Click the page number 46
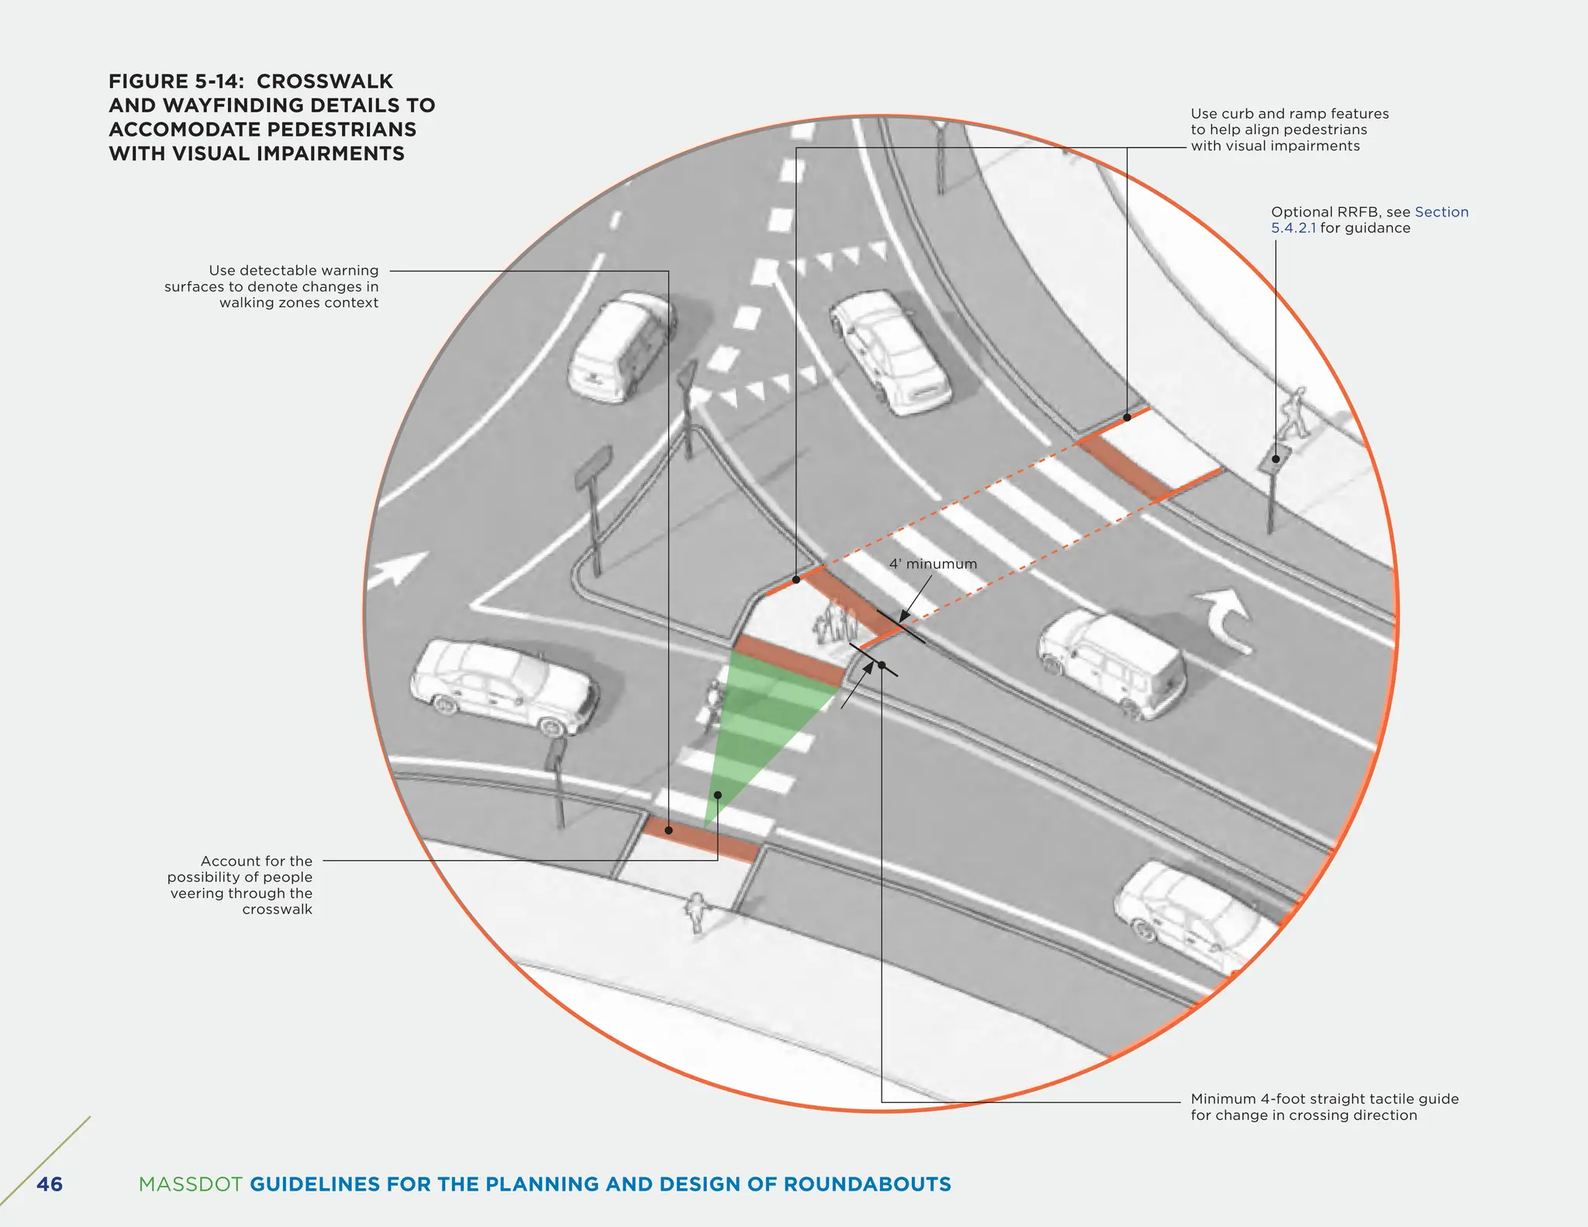coord(50,1184)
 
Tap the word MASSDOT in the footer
coord(190,1184)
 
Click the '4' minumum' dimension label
coord(933,564)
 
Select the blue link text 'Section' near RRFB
coord(1441,212)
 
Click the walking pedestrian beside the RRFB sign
coord(1293,413)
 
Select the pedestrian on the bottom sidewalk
coord(698,912)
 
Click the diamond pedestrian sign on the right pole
coord(1274,459)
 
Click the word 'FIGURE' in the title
coord(148,81)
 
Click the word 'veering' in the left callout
coord(197,893)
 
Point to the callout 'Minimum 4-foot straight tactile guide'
coord(1324,1099)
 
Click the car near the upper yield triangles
coord(889,352)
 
